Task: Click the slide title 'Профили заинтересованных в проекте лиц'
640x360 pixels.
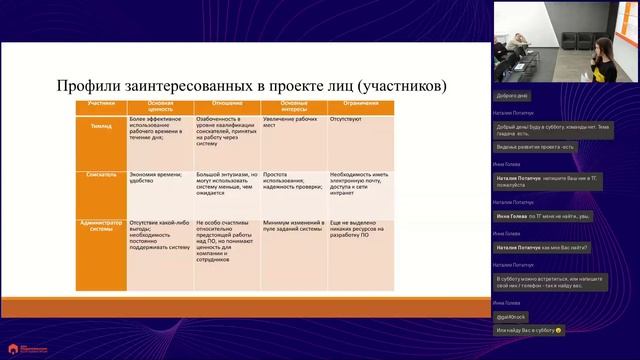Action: [250, 87]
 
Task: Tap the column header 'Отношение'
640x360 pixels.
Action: [227, 104]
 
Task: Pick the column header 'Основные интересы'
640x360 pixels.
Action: [293, 107]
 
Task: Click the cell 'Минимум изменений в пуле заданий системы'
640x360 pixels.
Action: [292, 228]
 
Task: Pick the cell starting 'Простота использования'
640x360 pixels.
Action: [292, 180]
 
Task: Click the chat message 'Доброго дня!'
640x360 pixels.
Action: [512, 95]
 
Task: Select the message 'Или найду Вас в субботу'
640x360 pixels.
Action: [529, 330]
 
